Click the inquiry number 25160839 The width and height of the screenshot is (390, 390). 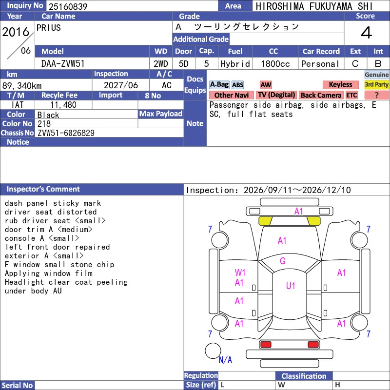click(68, 6)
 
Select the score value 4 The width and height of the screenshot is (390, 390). click(367, 33)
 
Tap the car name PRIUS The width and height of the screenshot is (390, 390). click(48, 28)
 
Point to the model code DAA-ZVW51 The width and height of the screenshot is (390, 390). click(63, 64)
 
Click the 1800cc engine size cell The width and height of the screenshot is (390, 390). click(275, 64)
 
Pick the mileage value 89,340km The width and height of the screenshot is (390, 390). click(22, 86)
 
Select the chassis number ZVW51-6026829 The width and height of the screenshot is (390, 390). click(66, 133)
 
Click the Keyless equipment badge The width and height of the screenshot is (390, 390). click(340, 84)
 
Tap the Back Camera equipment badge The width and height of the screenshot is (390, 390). click(321, 95)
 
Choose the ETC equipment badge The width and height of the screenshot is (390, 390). click(351, 95)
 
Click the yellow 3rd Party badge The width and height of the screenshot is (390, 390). click(376, 84)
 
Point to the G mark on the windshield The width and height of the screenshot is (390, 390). click(283, 261)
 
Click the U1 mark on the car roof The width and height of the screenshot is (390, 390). click(291, 286)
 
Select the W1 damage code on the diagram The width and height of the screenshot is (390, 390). click(240, 273)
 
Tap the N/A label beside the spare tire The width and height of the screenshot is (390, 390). click(225, 360)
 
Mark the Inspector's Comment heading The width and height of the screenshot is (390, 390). click(43, 189)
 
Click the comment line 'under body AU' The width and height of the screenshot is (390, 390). click(33, 291)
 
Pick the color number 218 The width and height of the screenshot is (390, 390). click(44, 124)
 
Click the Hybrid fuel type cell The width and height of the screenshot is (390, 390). click(235, 64)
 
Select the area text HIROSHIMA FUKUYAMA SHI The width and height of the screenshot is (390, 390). click(314, 6)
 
